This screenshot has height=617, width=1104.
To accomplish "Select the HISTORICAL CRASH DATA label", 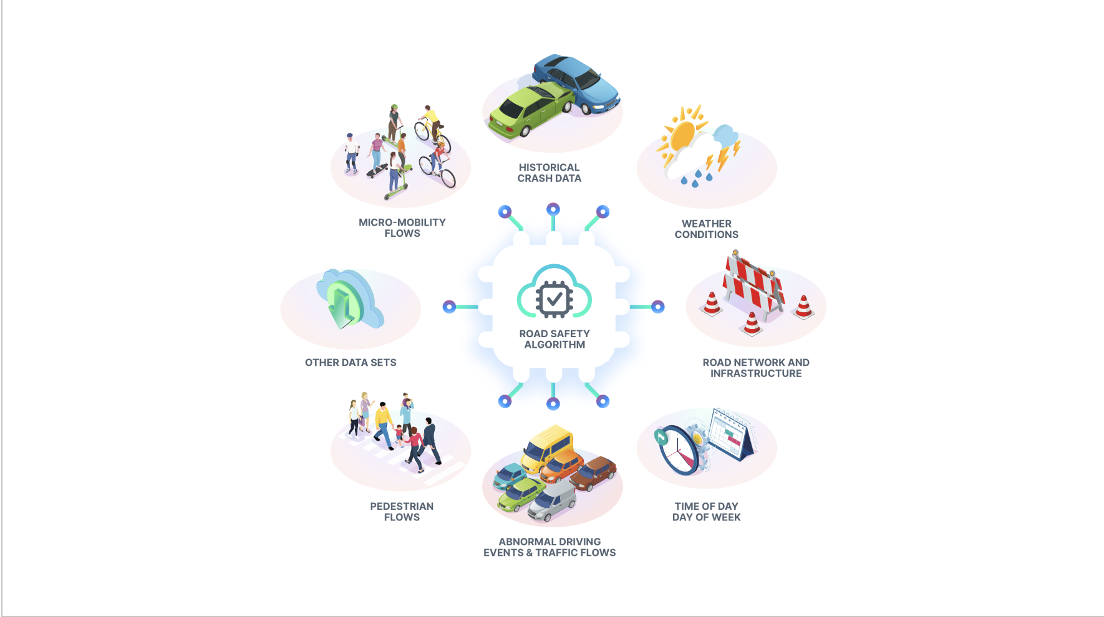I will point(550,173).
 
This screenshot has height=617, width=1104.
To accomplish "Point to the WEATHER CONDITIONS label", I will point(706,229).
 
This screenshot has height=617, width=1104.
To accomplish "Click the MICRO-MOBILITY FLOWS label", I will point(402,227).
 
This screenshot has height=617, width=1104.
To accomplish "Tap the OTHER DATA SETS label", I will point(351,362).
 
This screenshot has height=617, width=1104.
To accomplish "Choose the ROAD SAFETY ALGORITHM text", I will point(554,339).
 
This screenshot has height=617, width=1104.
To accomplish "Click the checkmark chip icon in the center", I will point(554,299).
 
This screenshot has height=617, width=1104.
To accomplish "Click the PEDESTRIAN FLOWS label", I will point(402,512).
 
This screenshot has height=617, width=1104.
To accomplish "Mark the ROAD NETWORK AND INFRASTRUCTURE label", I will point(756,368).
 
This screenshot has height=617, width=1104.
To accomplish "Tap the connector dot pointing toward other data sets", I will point(449,307).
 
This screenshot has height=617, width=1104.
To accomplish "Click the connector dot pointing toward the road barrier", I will point(658,307).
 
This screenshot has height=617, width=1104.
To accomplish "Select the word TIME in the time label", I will point(687,506).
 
